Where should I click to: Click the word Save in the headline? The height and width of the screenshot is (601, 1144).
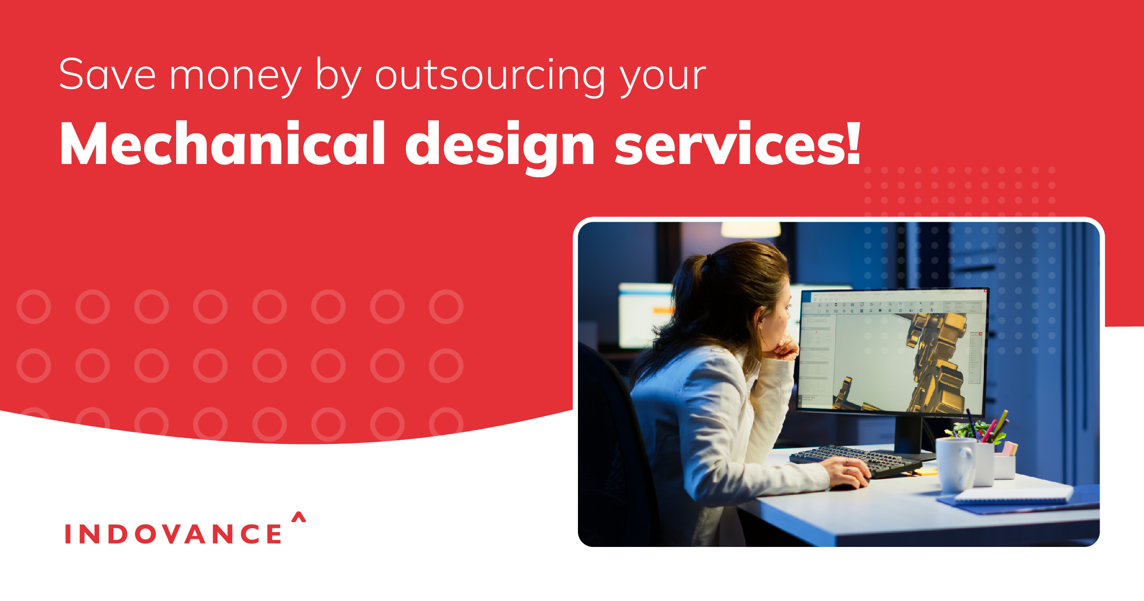click(107, 75)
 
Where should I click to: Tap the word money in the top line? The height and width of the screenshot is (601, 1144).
click(235, 77)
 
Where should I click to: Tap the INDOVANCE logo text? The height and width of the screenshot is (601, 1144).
click(173, 534)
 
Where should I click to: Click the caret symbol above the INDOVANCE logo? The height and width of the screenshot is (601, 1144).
click(298, 517)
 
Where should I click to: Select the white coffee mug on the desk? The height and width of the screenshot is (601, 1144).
click(955, 464)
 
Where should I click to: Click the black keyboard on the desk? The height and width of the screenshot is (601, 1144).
click(851, 460)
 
